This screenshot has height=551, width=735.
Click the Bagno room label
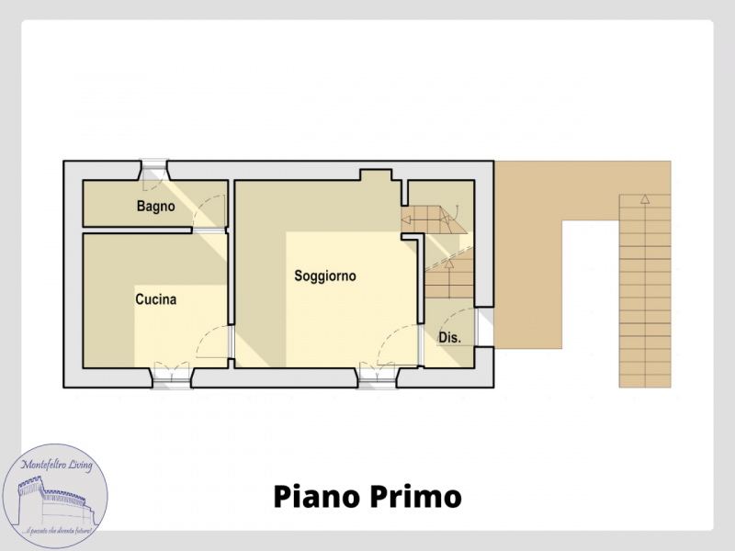[x=155, y=207]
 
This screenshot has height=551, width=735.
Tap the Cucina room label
[x=155, y=299]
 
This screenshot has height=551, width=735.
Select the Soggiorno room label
[x=324, y=275]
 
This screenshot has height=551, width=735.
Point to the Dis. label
[x=449, y=338]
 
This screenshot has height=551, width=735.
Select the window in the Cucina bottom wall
[x=172, y=375]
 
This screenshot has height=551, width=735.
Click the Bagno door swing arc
[x=212, y=209]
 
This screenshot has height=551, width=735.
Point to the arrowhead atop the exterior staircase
[x=645, y=198]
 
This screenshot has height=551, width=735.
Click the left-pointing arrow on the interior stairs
[x=405, y=219]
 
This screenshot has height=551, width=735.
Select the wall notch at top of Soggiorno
[x=375, y=174]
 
